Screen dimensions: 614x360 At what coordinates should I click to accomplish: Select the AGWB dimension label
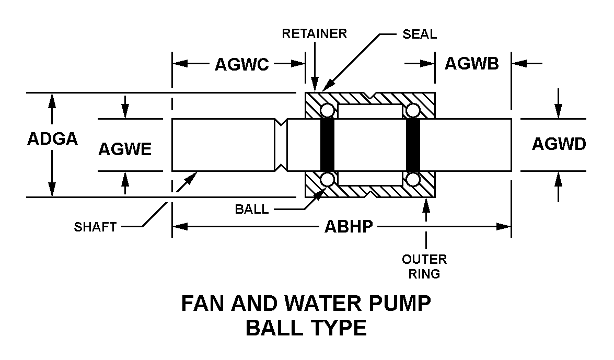point(472,63)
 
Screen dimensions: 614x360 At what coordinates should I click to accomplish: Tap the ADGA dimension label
point(52,138)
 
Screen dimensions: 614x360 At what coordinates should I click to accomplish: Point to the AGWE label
point(124,149)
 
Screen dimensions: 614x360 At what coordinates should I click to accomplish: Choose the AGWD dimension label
point(559,144)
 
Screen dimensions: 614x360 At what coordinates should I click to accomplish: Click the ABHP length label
point(349,226)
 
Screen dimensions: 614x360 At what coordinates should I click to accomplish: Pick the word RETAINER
point(315,33)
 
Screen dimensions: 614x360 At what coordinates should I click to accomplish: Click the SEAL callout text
point(420,34)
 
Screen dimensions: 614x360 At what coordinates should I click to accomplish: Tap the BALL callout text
point(252,210)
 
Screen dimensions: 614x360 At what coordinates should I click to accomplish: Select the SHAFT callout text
point(95,227)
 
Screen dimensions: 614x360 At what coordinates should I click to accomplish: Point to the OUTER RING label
point(424,266)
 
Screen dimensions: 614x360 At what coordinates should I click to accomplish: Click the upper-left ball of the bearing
point(327,111)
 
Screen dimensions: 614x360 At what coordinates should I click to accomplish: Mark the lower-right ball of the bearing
point(413,179)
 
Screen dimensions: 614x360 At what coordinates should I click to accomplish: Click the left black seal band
point(327,145)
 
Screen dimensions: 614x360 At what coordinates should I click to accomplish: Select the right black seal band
point(413,145)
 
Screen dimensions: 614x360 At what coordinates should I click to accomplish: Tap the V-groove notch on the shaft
point(281,145)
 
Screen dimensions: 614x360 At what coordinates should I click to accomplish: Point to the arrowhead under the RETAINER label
point(315,84)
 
